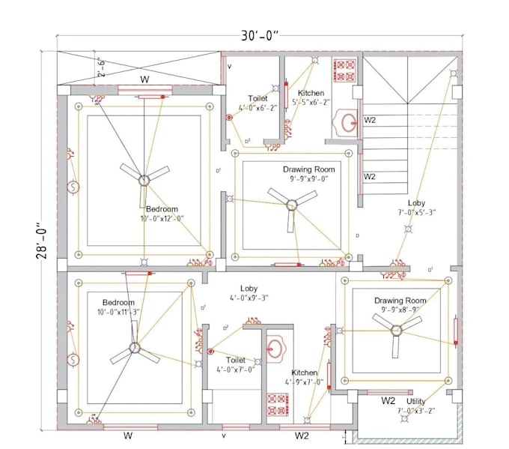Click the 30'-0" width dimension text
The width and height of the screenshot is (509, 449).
pyautogui.click(x=260, y=36)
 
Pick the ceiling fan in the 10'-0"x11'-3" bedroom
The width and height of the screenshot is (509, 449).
pyautogui.click(x=135, y=348)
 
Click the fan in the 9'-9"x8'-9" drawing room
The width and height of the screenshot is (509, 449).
pyautogui.click(x=396, y=330)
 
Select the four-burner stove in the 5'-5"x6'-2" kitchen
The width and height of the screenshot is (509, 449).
pyautogui.click(x=344, y=70)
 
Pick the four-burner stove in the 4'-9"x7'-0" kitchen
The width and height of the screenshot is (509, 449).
pyautogui.click(x=278, y=405)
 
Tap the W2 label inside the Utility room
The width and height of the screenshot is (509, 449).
pyautogui.click(x=388, y=401)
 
